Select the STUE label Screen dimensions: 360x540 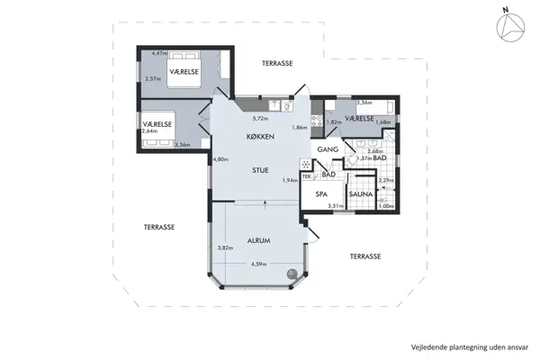pos(259,168)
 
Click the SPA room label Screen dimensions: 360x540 pos(319,193)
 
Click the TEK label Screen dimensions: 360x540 pos(307,175)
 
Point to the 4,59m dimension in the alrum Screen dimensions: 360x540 pos(259,263)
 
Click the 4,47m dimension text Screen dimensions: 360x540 pos(160,54)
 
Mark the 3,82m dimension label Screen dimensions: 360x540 pos(225,247)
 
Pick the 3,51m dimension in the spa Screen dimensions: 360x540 pos(335,206)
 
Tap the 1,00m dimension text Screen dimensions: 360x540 pos(386,206)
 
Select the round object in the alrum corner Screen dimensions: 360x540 pos(292,275)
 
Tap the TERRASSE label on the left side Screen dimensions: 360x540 pos(158,227)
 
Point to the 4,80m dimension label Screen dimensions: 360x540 pos(220,160)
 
